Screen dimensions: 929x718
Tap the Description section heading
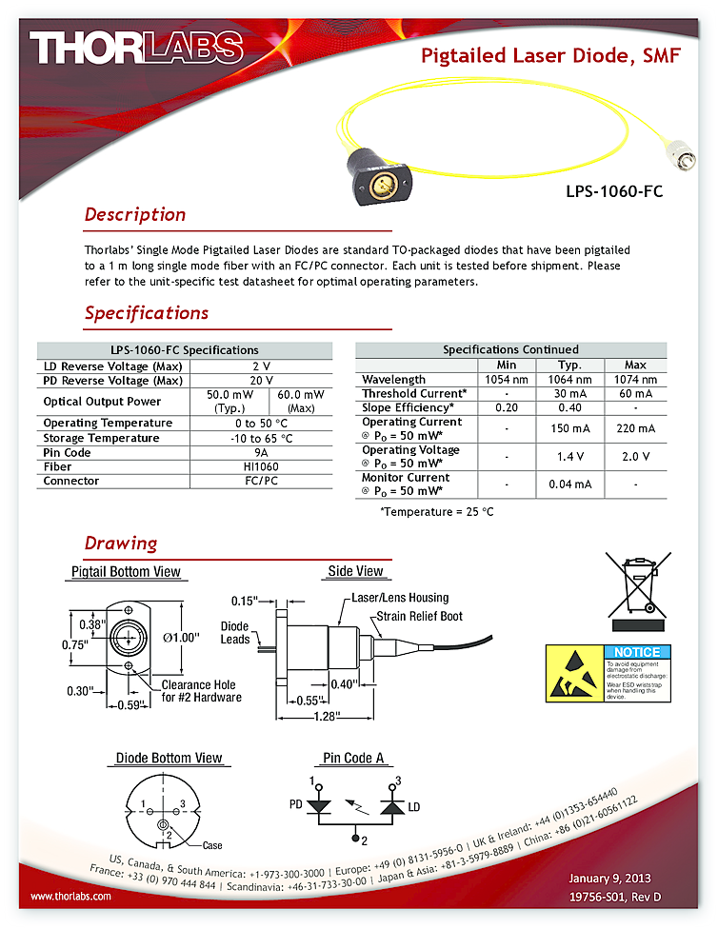tap(134, 215)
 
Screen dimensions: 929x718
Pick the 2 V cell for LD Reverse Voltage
tap(261, 366)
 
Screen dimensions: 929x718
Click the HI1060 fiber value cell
tap(261, 467)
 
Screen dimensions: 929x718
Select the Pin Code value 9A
tap(261, 453)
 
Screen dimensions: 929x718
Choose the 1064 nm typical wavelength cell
tap(569, 380)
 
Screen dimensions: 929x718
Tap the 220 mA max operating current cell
tap(635, 428)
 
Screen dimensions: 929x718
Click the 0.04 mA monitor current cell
tap(569, 484)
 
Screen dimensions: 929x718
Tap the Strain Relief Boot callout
tap(419, 617)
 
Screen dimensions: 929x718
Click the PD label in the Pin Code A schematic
tap(296, 803)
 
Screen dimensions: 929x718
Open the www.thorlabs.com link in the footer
tap(71, 897)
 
